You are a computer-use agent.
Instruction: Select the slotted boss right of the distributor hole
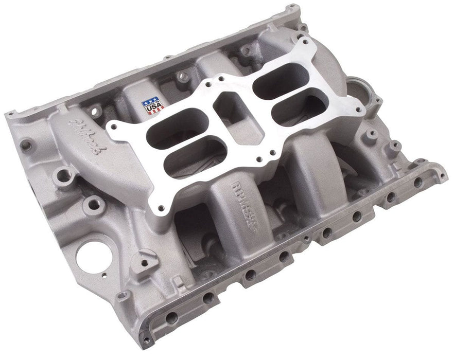point(145,254)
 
